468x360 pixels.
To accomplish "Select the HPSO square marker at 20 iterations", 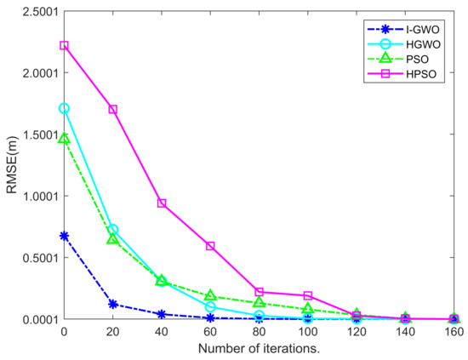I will coord(113,110).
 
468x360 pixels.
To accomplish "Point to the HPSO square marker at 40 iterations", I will coord(162,203).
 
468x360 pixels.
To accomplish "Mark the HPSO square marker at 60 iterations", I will coord(210,246).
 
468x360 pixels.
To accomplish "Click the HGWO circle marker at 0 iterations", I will coord(64,109).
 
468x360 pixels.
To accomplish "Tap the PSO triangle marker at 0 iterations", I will coord(64,138).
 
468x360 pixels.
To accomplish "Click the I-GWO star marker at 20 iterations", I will coord(113,304).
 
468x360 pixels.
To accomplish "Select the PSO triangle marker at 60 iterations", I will coord(210,295).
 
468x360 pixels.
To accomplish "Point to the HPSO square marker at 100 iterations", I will coord(308,295).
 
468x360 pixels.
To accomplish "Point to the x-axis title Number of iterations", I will coord(260,350).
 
